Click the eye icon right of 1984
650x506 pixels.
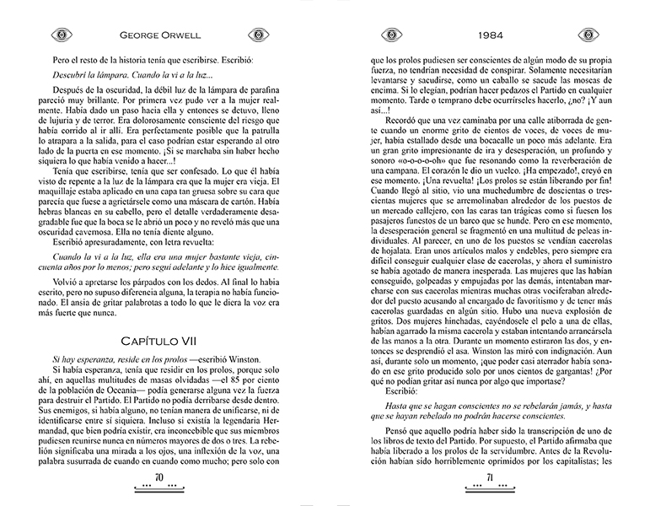pyautogui.click(x=586, y=35)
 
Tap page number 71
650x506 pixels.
pyautogui.click(x=486, y=479)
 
